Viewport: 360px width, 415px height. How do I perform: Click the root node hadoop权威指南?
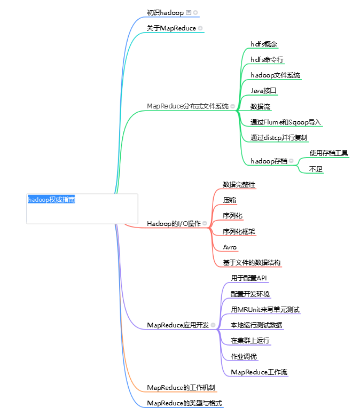point(52,200)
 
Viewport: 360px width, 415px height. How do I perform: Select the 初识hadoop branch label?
point(165,12)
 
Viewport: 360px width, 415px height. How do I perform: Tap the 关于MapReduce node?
point(171,28)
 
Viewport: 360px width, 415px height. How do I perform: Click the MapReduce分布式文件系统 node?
point(187,106)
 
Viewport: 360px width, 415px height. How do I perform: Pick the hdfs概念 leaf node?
point(264,44)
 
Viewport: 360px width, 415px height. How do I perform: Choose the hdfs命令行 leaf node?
point(267,59)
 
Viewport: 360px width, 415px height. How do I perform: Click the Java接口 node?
point(263,90)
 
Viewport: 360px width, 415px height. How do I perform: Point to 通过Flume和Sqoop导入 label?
point(285,122)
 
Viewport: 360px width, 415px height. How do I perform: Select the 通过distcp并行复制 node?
point(278,137)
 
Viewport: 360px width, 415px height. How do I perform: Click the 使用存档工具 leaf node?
point(328,153)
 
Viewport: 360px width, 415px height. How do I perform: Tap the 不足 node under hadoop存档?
point(316,169)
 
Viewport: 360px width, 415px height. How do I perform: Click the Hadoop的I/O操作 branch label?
point(174,223)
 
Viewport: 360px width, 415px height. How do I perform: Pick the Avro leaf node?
point(230,247)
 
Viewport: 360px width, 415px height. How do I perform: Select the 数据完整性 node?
point(239,184)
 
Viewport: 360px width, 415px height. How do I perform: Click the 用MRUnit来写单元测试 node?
point(265,309)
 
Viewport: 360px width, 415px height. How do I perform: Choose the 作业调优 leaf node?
point(244,356)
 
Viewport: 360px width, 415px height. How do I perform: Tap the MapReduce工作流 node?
point(259,372)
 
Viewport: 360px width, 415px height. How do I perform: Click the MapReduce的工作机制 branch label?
point(181,387)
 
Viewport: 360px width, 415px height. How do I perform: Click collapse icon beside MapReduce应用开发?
point(213,325)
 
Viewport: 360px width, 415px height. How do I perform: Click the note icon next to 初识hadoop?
point(189,12)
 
